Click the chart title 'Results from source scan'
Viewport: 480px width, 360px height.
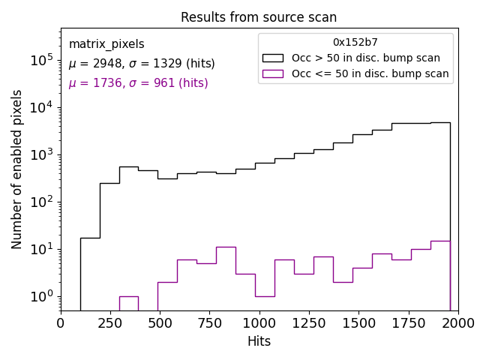tap(259, 17)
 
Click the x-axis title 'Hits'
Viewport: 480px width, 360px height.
tap(259, 341)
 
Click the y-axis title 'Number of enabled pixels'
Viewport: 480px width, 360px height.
tap(17, 169)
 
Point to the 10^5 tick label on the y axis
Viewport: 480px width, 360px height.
tap(40, 60)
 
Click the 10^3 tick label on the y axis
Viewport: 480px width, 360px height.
tap(40, 154)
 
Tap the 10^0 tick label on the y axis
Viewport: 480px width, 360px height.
tap(40, 296)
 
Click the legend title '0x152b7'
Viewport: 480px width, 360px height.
tap(355, 43)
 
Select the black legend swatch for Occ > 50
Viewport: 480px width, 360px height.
tap(273, 58)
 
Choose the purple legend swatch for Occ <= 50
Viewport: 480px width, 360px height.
tap(273, 73)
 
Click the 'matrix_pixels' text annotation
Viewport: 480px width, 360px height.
tap(106, 44)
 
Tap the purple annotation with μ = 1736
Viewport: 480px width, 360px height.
tap(138, 83)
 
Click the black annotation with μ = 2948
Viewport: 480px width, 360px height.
tap(142, 64)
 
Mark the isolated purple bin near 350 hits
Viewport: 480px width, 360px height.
tap(129, 303)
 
